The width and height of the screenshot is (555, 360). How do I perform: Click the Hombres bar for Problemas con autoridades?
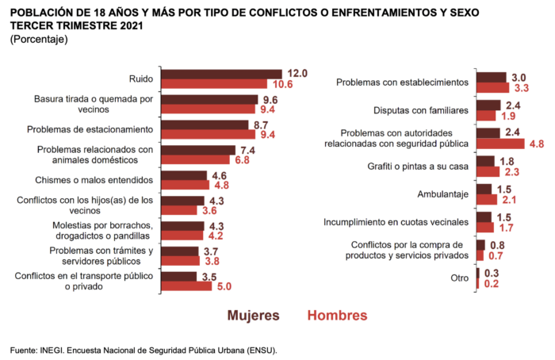pyautogui.click(x=500, y=144)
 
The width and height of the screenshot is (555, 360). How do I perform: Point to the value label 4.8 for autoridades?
pyautogui.click(x=536, y=144)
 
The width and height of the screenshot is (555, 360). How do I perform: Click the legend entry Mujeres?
pyautogui.click(x=254, y=315)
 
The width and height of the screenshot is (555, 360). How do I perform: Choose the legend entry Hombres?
pyautogui.click(x=337, y=315)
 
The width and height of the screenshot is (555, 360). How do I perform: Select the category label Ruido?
pyautogui.click(x=141, y=79)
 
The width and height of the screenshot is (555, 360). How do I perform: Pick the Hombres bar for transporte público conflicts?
pyautogui.click(x=186, y=286)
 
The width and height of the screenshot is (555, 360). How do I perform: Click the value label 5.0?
pyautogui.click(x=224, y=286)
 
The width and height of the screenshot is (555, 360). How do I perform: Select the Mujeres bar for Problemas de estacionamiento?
pyautogui.click(x=205, y=124)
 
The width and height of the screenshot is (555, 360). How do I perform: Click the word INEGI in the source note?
pyautogui.click(x=54, y=349)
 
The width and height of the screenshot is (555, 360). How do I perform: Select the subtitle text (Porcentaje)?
pyautogui.click(x=39, y=39)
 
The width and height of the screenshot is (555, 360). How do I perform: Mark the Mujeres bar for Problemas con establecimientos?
pyautogui.click(x=492, y=77)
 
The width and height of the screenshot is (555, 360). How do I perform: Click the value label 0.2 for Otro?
pyautogui.click(x=492, y=283)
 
